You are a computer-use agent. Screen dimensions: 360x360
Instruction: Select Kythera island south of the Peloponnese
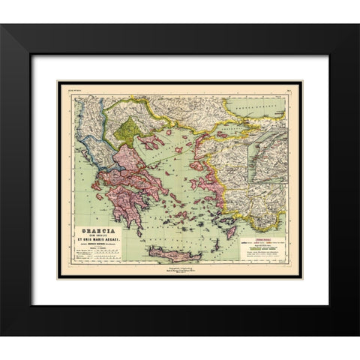click(139, 232)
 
